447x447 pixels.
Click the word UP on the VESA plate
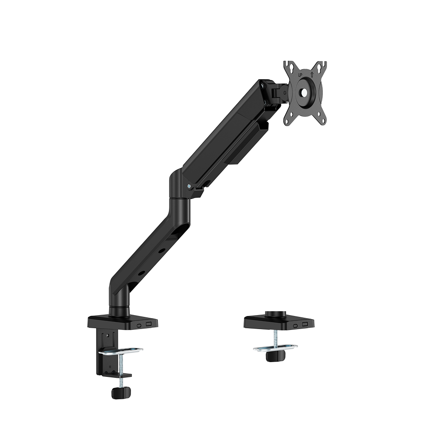click(x=300, y=75)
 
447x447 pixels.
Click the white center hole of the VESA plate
click(x=304, y=92)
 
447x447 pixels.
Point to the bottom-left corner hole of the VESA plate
click(x=291, y=115)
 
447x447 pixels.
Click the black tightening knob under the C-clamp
click(x=121, y=393)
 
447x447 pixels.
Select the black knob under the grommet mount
click(x=275, y=355)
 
